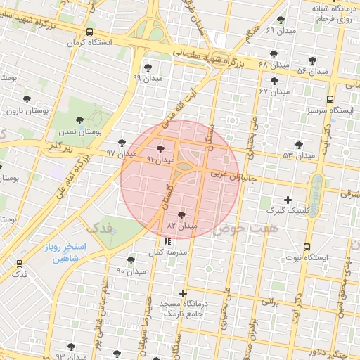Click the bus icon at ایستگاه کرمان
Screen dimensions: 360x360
pyautogui.click(x=89, y=32)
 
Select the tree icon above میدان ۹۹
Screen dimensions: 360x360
pyautogui.click(x=147, y=67)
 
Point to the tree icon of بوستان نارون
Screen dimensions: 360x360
pyautogui.click(x=27, y=99)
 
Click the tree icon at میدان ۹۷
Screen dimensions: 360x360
pyautogui.click(x=122, y=142)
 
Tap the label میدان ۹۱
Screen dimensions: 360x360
pyautogui.click(x=160, y=160)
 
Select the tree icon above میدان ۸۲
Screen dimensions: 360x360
pyautogui.click(x=183, y=214)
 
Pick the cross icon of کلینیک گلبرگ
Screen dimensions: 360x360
pyautogui.click(x=288, y=200)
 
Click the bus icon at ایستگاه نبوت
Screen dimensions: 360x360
pyautogui.click(x=307, y=247)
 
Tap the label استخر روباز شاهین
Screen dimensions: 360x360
pyautogui.click(x=79, y=253)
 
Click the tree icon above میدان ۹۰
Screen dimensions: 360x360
pyautogui.click(x=131, y=260)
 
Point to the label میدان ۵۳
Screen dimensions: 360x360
pyautogui.click(x=297, y=154)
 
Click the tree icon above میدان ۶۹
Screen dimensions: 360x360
pyautogui.click(x=281, y=20)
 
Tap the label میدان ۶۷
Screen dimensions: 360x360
pyautogui.click(x=274, y=92)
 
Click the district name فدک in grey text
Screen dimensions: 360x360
pyautogui.click(x=98, y=229)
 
